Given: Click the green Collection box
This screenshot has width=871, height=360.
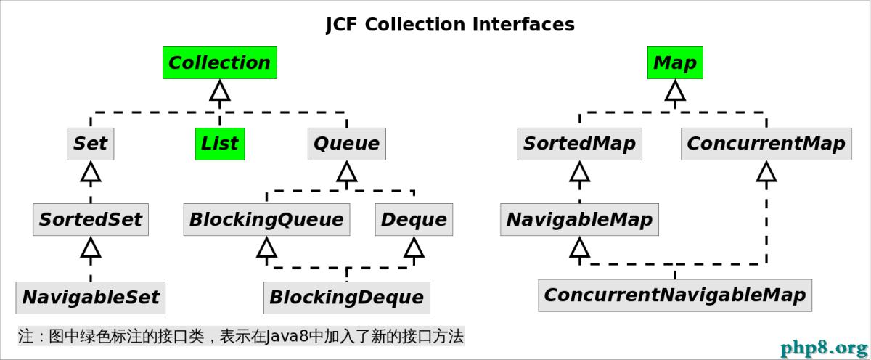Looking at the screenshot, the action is coord(220,62).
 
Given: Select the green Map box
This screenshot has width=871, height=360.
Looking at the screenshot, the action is coord(675,62).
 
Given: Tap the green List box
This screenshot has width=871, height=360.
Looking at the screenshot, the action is coord(220,144).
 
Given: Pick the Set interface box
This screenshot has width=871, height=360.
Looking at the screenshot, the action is coord(91,144).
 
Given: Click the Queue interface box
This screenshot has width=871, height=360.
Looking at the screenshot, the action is coord(347,144).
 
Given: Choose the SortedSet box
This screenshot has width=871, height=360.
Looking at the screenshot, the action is coord(91,219).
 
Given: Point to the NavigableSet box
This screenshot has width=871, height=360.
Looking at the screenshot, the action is coord(91,298).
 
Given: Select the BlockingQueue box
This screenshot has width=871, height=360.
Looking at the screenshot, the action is coord(267,219).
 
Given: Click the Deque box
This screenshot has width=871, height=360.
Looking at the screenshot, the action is coord(414,219).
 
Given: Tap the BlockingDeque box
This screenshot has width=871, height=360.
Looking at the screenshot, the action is coord(347,298).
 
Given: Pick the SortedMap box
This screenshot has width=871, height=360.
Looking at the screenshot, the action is coord(580,144).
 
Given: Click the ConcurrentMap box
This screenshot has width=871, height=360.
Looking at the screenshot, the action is coord(766,144).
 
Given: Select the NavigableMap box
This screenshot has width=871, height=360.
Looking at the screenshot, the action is coord(580,219).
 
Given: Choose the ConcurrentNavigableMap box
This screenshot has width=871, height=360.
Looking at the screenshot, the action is coord(675,295).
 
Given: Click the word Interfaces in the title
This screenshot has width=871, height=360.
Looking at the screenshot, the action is coord(523,24).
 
